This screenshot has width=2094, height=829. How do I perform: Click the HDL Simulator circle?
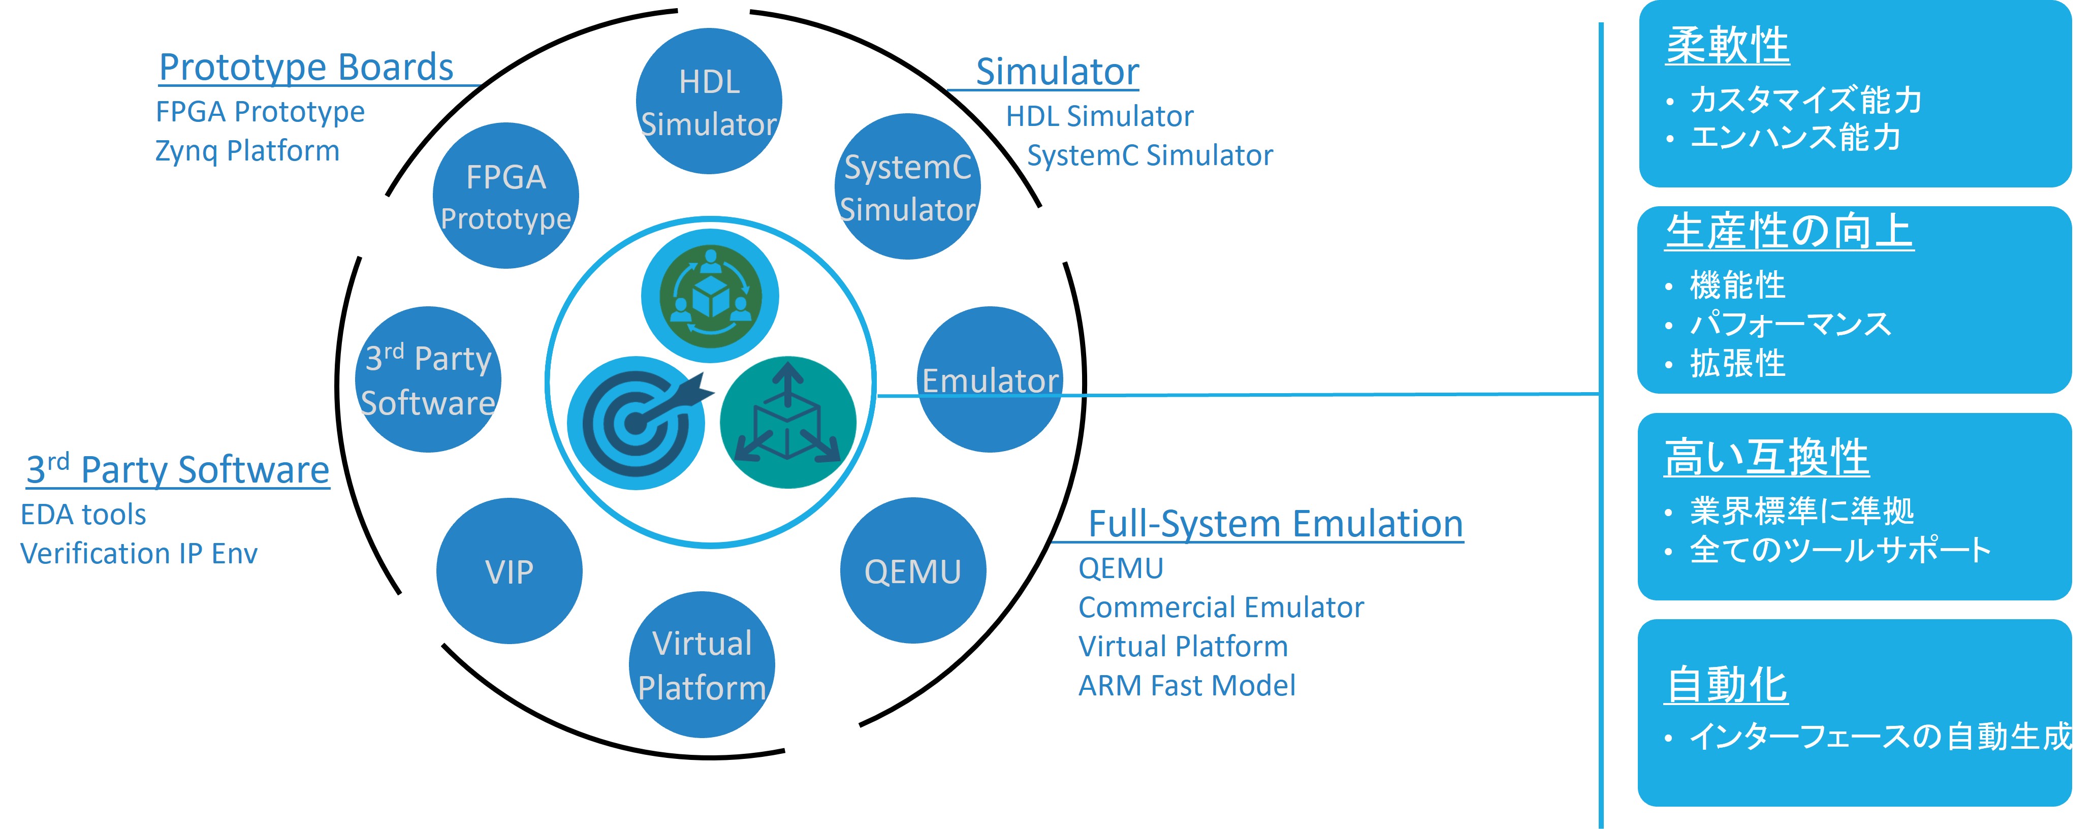click(708, 102)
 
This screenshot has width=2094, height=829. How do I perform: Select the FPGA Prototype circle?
click(505, 196)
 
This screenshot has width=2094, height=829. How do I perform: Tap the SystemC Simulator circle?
click(907, 187)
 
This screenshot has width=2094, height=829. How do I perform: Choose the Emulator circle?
click(990, 379)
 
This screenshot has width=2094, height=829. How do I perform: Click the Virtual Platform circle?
click(702, 665)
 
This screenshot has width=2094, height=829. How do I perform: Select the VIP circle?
click(509, 571)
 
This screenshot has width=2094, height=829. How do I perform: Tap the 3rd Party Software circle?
click(428, 379)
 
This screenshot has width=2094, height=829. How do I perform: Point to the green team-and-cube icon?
click(710, 296)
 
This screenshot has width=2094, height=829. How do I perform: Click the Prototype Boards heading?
click(306, 67)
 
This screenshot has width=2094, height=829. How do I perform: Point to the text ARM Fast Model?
click(1186, 685)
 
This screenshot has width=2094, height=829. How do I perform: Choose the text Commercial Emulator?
click(1220, 607)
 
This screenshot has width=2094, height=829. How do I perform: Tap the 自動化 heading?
click(1726, 684)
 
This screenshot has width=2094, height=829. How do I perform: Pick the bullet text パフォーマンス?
click(1790, 324)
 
